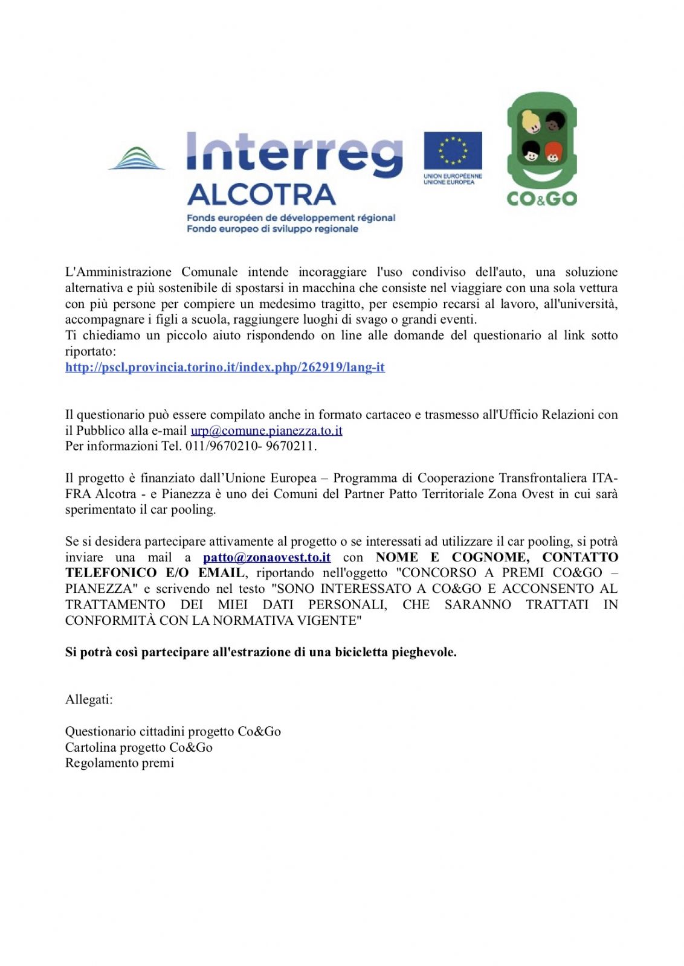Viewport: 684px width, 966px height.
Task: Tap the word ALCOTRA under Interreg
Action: [261, 195]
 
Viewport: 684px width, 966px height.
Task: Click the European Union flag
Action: [453, 150]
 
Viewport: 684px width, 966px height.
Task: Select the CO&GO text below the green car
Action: [541, 199]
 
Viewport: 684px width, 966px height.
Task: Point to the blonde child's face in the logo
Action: [531, 122]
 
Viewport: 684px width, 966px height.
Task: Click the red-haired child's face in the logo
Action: [552, 152]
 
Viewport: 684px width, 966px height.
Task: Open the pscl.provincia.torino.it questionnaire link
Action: [225, 367]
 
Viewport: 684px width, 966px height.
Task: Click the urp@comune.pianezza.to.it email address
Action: [266, 430]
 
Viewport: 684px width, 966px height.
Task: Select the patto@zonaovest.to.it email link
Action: [266, 557]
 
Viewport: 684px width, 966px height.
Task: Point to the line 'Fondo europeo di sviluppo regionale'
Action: [273, 229]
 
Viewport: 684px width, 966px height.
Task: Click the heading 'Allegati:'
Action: [89, 700]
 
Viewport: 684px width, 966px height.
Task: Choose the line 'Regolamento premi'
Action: [120, 763]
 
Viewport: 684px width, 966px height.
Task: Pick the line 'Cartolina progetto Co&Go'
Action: [139, 747]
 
